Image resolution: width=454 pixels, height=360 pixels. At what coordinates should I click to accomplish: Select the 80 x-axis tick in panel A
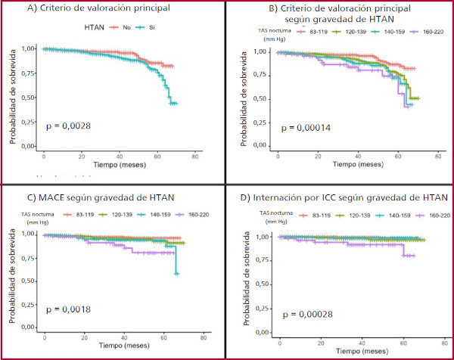point(194,156)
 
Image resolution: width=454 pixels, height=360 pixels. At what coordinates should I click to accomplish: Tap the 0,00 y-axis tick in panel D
point(263,333)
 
